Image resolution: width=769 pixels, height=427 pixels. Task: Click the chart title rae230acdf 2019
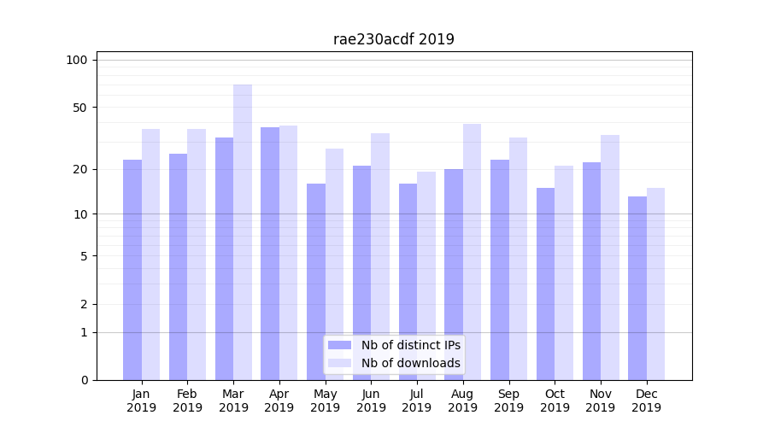[x=393, y=39]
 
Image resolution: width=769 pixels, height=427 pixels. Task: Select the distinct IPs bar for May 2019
[x=316, y=282]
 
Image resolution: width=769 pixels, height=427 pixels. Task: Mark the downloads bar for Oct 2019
[x=564, y=272]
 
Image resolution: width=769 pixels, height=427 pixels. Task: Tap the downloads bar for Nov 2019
[x=610, y=257]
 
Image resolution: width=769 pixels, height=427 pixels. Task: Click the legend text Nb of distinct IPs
[x=410, y=345]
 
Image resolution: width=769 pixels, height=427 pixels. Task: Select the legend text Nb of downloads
[x=410, y=363]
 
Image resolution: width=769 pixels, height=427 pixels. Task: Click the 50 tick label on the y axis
[x=80, y=108]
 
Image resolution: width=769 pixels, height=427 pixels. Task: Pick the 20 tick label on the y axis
[x=80, y=169]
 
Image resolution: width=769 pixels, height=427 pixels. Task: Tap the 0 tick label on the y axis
[x=84, y=380]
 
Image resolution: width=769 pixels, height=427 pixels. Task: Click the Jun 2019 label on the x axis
[x=371, y=401]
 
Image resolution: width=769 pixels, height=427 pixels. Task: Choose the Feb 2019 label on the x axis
[x=187, y=401]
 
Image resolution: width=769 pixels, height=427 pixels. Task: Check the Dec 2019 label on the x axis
[x=646, y=401]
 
